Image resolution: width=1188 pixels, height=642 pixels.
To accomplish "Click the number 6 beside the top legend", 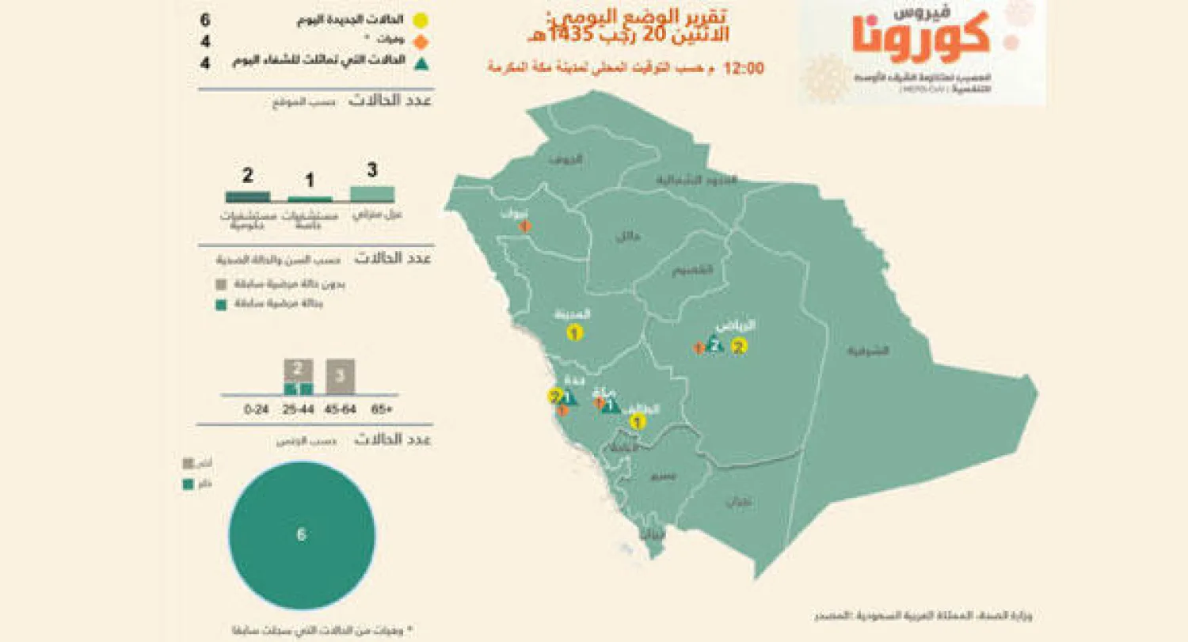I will click(x=205, y=19).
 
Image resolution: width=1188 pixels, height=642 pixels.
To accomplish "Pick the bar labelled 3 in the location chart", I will click(x=372, y=194).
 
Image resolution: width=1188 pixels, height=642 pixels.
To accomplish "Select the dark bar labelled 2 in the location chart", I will click(x=247, y=197).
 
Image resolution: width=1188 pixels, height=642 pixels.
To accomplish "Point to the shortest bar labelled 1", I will click(x=310, y=199).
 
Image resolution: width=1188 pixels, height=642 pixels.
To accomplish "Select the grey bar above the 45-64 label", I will click(x=340, y=376).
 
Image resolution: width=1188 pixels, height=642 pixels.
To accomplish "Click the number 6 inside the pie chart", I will click(x=301, y=535).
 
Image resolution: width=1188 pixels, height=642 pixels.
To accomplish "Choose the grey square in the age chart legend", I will click(x=221, y=283).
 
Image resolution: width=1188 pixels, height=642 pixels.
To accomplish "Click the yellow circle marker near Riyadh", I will click(x=739, y=345).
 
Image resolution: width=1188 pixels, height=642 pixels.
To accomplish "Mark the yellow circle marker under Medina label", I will click(x=574, y=333).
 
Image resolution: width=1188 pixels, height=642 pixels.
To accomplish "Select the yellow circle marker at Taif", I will click(x=634, y=423).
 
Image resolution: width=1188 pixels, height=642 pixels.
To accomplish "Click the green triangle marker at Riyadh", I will click(x=714, y=346).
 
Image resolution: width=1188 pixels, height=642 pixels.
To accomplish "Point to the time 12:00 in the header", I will click(x=744, y=68).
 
